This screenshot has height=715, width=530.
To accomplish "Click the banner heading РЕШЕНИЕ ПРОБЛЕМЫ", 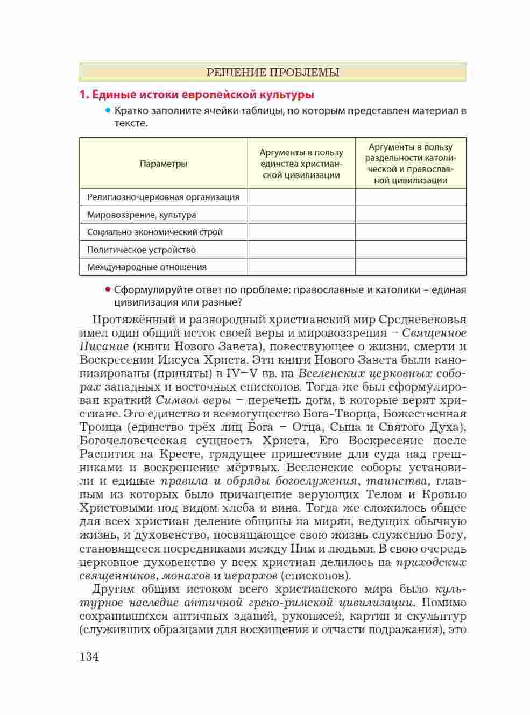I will click(x=273, y=73).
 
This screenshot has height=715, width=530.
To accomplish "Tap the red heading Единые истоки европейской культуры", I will click(x=197, y=95).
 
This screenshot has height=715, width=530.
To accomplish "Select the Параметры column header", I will click(x=164, y=164).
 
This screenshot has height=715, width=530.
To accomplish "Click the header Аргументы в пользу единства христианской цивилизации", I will click(x=301, y=164).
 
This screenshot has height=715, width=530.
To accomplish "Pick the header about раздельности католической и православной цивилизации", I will click(x=410, y=164).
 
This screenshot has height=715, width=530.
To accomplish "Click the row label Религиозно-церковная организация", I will click(x=163, y=197).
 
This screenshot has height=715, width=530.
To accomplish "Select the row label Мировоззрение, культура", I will click(x=142, y=215).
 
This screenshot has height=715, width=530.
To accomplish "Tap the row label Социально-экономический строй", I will click(x=154, y=232).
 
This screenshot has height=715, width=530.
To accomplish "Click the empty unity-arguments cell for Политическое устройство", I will click(x=301, y=250).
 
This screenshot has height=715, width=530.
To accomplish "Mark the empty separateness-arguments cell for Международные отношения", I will click(x=410, y=267).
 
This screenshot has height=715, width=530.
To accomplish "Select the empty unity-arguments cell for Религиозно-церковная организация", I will click(x=301, y=197).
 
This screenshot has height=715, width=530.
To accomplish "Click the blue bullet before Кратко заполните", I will click(x=108, y=111).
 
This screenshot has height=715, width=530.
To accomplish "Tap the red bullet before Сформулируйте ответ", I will click(x=108, y=289).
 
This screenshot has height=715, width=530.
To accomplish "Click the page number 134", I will click(x=89, y=656).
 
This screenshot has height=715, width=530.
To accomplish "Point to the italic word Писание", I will click(x=104, y=346).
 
